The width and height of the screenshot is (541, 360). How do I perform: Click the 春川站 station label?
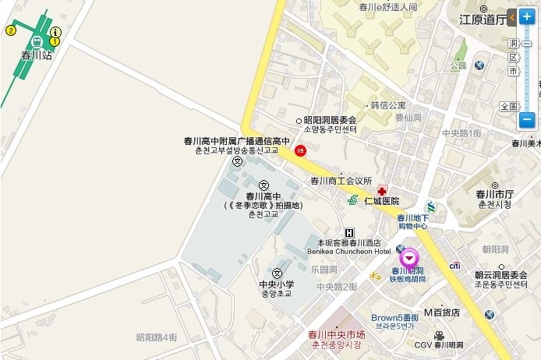37,55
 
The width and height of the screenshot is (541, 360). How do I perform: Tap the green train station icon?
37,41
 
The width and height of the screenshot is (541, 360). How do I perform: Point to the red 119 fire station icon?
300,150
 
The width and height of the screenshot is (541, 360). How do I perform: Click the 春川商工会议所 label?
341,181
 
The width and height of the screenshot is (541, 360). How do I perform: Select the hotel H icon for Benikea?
348,232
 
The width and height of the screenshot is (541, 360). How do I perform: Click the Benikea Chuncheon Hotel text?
349,252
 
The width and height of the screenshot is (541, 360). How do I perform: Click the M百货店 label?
442,312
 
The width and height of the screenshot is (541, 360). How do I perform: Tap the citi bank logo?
454,266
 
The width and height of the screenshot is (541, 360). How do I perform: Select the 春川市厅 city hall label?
494,194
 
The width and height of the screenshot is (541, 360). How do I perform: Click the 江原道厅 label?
482,20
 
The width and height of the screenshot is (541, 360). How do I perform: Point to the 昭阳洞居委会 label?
330,120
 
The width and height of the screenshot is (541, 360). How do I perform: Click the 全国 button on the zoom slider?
509,106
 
